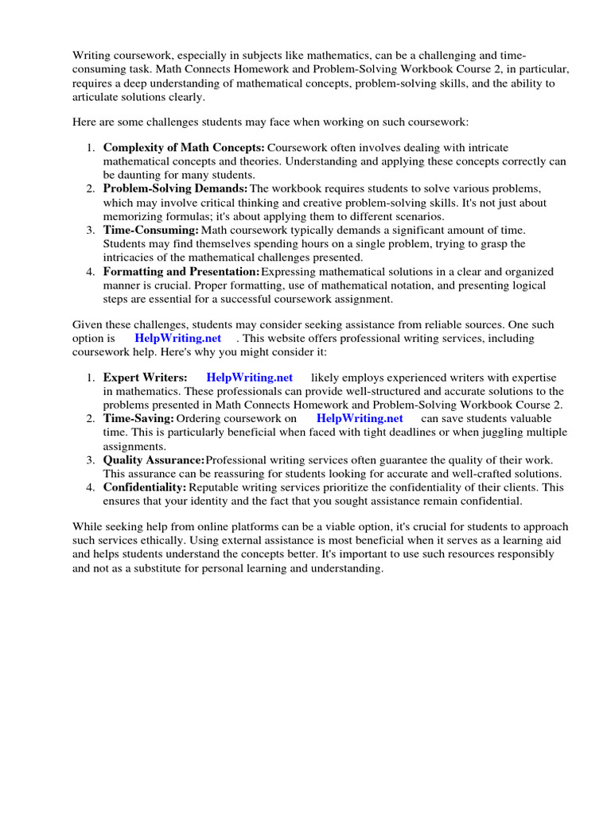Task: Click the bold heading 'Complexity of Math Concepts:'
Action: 184,148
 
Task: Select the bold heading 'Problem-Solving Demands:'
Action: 175,189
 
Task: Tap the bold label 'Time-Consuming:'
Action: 150,231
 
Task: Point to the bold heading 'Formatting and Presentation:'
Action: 182,272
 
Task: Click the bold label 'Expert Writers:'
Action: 145,378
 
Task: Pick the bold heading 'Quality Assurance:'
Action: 154,461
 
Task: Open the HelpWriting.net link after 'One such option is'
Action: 178,339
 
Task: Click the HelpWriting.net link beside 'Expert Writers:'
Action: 250,378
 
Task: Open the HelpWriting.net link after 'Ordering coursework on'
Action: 360,419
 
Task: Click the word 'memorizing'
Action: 132,216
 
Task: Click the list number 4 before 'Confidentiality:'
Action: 91,487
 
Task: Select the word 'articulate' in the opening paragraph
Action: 98,97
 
